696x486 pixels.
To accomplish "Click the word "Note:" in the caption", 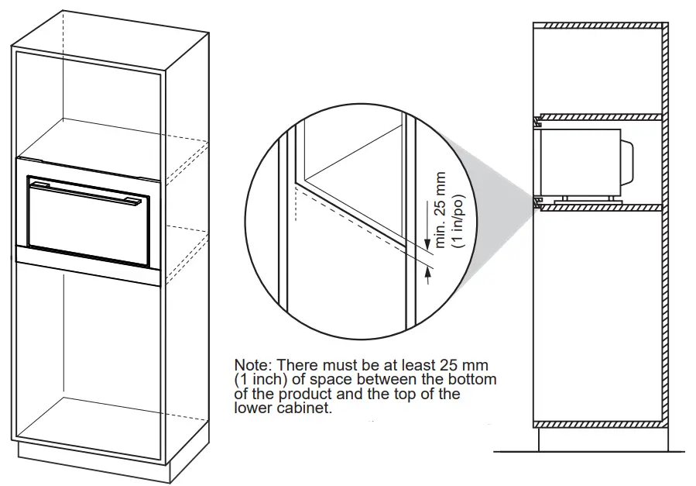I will click(x=253, y=364).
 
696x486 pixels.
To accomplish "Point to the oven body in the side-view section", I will click(x=581, y=163).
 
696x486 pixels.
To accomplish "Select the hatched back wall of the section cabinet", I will click(x=663, y=233).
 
